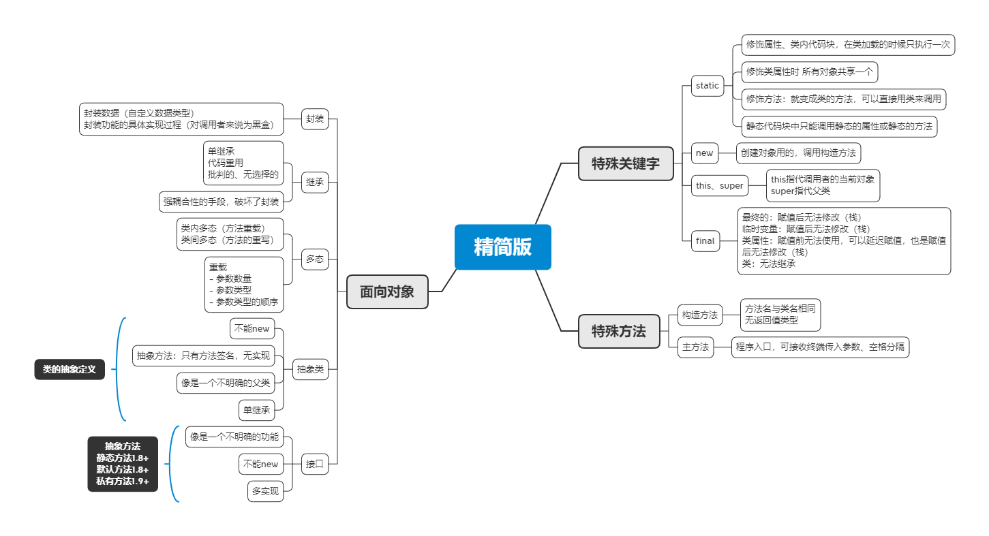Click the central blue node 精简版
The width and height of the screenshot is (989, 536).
(502, 247)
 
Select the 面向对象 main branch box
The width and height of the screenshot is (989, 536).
(387, 291)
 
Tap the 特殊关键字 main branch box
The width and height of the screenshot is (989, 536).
(625, 163)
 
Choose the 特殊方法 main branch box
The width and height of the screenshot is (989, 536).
(619, 332)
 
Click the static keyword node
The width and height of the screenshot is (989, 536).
(707, 86)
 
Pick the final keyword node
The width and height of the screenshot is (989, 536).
(705, 241)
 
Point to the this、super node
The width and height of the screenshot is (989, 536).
(719, 185)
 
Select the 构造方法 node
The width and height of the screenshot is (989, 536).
(700, 315)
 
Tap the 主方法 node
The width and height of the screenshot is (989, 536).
(695, 347)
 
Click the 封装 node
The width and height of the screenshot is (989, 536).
(315, 119)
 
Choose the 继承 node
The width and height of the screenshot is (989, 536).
(315, 182)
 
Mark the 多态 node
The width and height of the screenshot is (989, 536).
(315, 259)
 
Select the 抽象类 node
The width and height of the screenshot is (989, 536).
(310, 370)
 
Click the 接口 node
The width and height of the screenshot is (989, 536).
(315, 464)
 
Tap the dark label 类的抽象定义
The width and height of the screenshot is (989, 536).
(70, 370)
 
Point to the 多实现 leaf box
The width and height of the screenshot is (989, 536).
(265, 491)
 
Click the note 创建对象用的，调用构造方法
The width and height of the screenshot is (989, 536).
(798, 153)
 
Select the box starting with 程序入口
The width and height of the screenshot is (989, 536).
(820, 347)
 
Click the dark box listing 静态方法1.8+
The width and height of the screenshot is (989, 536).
(123, 464)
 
